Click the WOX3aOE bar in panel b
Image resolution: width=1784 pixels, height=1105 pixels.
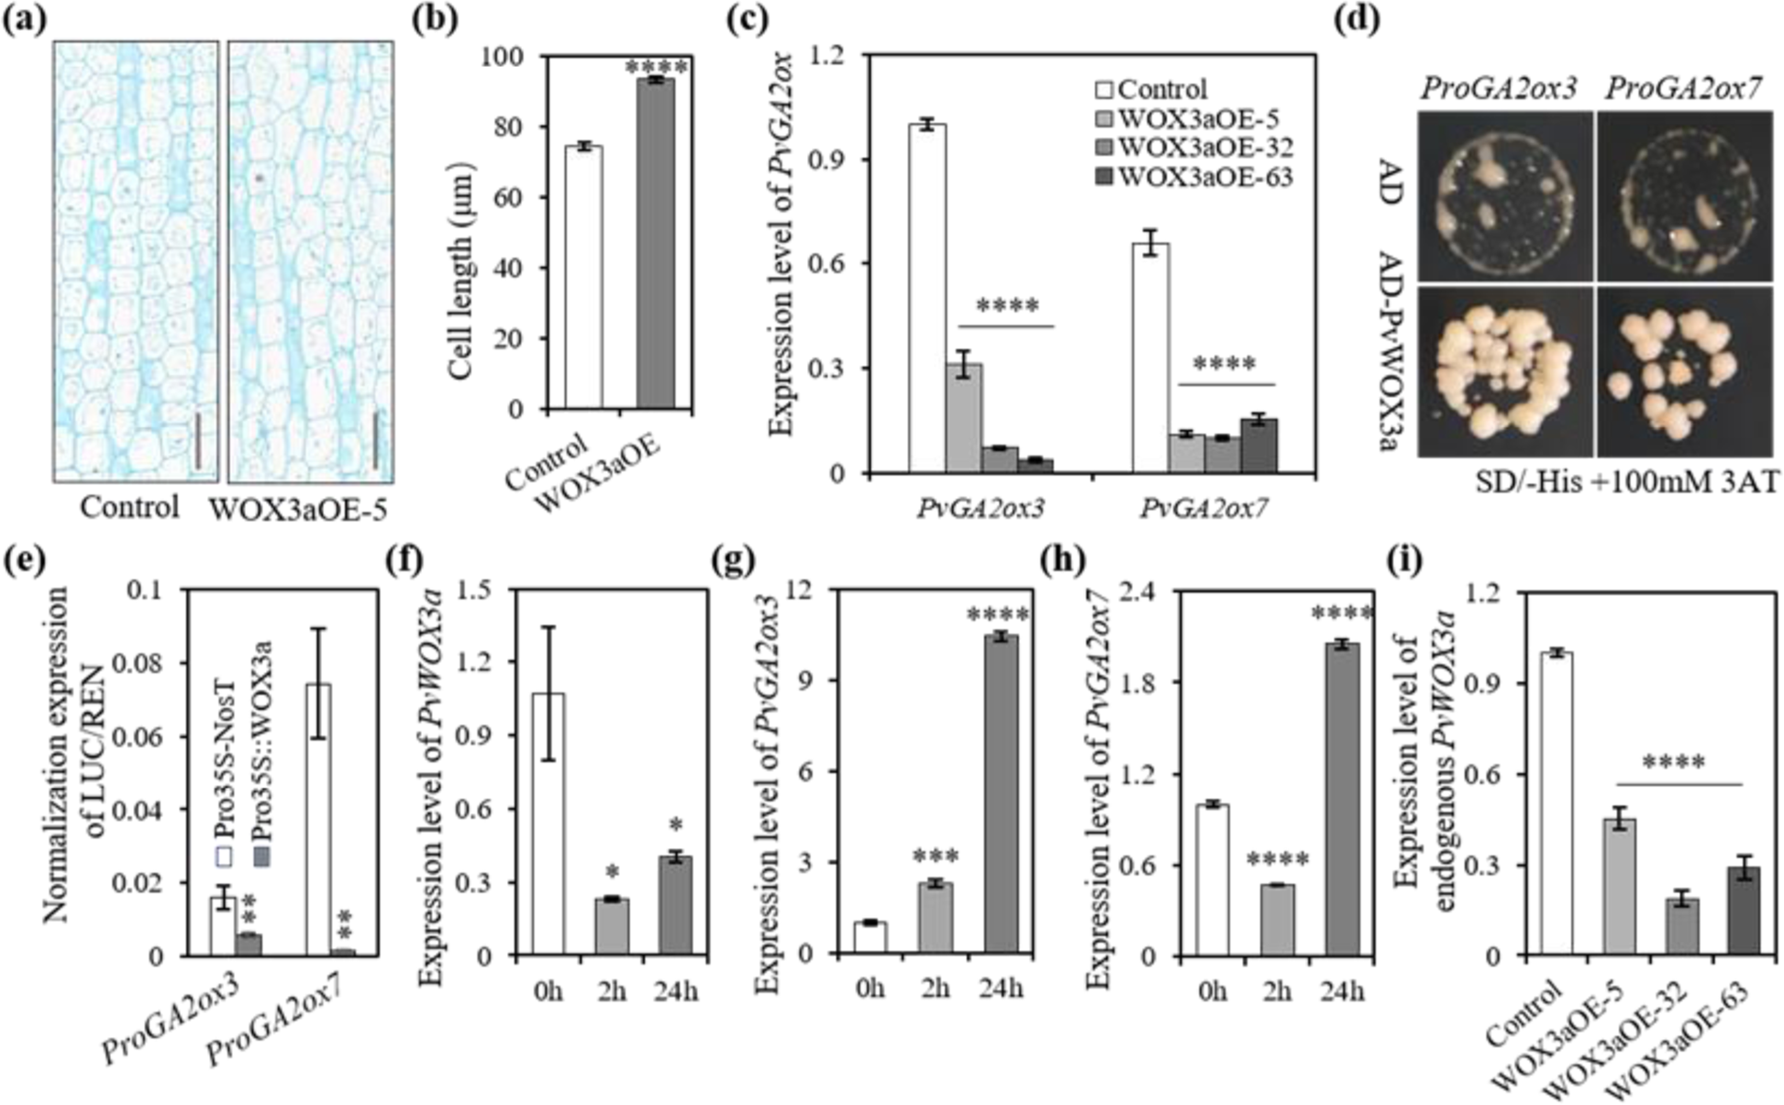coord(655,244)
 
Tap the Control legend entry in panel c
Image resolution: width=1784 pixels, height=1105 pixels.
coord(1152,89)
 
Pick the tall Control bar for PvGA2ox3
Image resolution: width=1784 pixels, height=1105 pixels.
coord(927,299)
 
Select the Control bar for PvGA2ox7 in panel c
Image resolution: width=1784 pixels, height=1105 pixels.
coord(1150,358)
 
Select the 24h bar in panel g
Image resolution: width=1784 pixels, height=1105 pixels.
coord(1001,794)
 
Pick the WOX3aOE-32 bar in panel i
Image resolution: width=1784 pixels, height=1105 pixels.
coord(1682,927)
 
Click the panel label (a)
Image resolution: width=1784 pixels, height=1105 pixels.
coord(25,20)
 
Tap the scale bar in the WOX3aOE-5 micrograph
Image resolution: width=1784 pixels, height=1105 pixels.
coord(376,438)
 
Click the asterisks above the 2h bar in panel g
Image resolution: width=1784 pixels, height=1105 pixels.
coord(936,857)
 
